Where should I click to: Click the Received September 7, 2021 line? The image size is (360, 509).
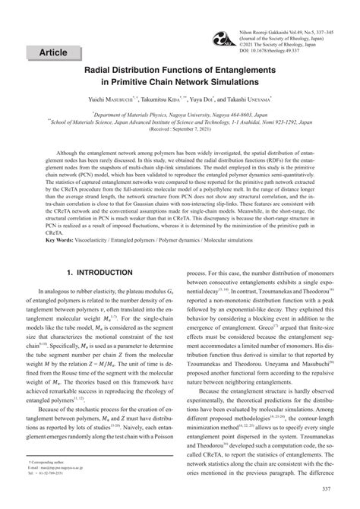179,129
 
